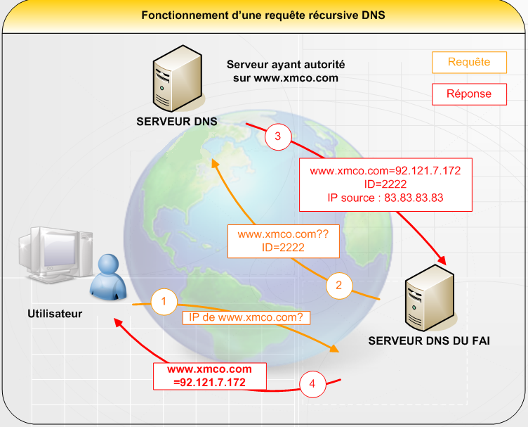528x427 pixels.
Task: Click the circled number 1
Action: pyautogui.click(x=164, y=302)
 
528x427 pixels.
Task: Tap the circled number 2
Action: pyautogui.click(x=338, y=286)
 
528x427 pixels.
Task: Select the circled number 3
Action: pyautogui.click(x=277, y=138)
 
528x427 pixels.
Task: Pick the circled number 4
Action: pyautogui.click(x=312, y=384)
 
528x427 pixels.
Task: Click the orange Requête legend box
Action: pyautogui.click(x=469, y=62)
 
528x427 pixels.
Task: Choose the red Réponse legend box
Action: pyautogui.click(x=469, y=94)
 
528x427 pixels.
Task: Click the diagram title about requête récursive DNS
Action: pyautogui.click(x=263, y=15)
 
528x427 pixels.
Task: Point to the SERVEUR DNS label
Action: pyautogui.click(x=176, y=122)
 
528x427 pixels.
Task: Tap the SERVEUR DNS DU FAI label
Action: pyautogui.click(x=429, y=340)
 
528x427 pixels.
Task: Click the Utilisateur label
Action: pyautogui.click(x=55, y=314)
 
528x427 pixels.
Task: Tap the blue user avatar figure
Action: pyautogui.click(x=109, y=276)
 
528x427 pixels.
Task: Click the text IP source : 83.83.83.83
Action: pyautogui.click(x=385, y=198)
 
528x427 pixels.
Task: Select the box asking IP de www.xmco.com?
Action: pyautogui.click(x=246, y=318)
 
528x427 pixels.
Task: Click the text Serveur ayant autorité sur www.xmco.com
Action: pyautogui.click(x=286, y=71)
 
